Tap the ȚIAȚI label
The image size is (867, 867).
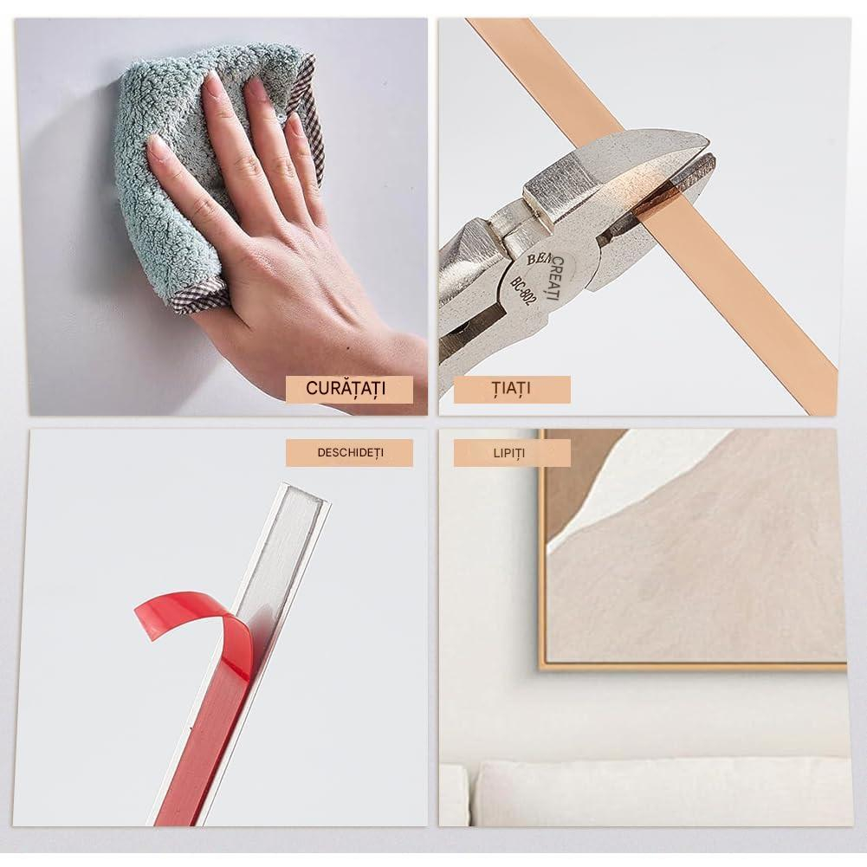[x=512, y=389]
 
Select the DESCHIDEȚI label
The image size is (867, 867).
[x=349, y=453]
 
